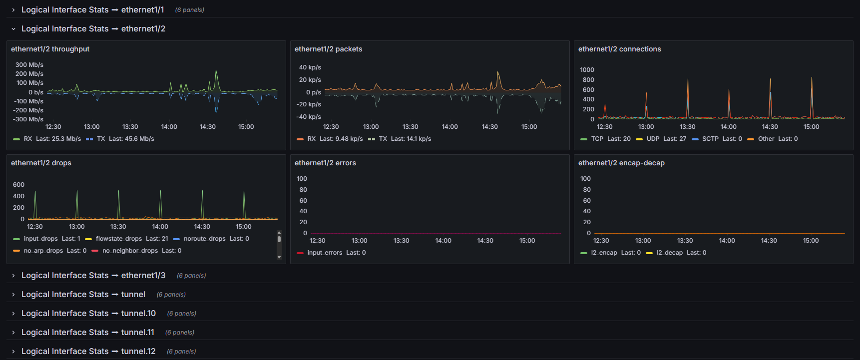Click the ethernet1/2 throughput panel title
coord(50,49)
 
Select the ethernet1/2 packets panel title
coord(328,49)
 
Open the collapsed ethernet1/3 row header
coord(93,276)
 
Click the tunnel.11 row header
coord(87,333)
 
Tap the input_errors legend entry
coord(331,253)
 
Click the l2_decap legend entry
coord(676,253)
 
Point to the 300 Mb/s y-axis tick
coord(29,65)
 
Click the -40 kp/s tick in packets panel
coord(309,117)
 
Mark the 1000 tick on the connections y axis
coord(587,70)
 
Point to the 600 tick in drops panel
coord(18,185)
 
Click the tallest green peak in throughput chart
coord(216,71)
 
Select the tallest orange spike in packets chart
coord(498,73)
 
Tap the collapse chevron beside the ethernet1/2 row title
coord(13,29)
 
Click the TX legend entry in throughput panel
coord(120,139)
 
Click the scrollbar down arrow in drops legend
coord(279,257)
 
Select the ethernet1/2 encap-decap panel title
coord(621,163)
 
